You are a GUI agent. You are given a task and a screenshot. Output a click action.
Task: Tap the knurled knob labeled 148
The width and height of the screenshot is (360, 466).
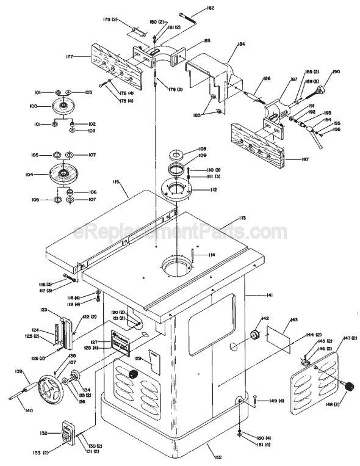point(350,387)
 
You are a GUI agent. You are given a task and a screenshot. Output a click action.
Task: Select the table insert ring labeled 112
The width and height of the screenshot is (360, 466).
point(180,190)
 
